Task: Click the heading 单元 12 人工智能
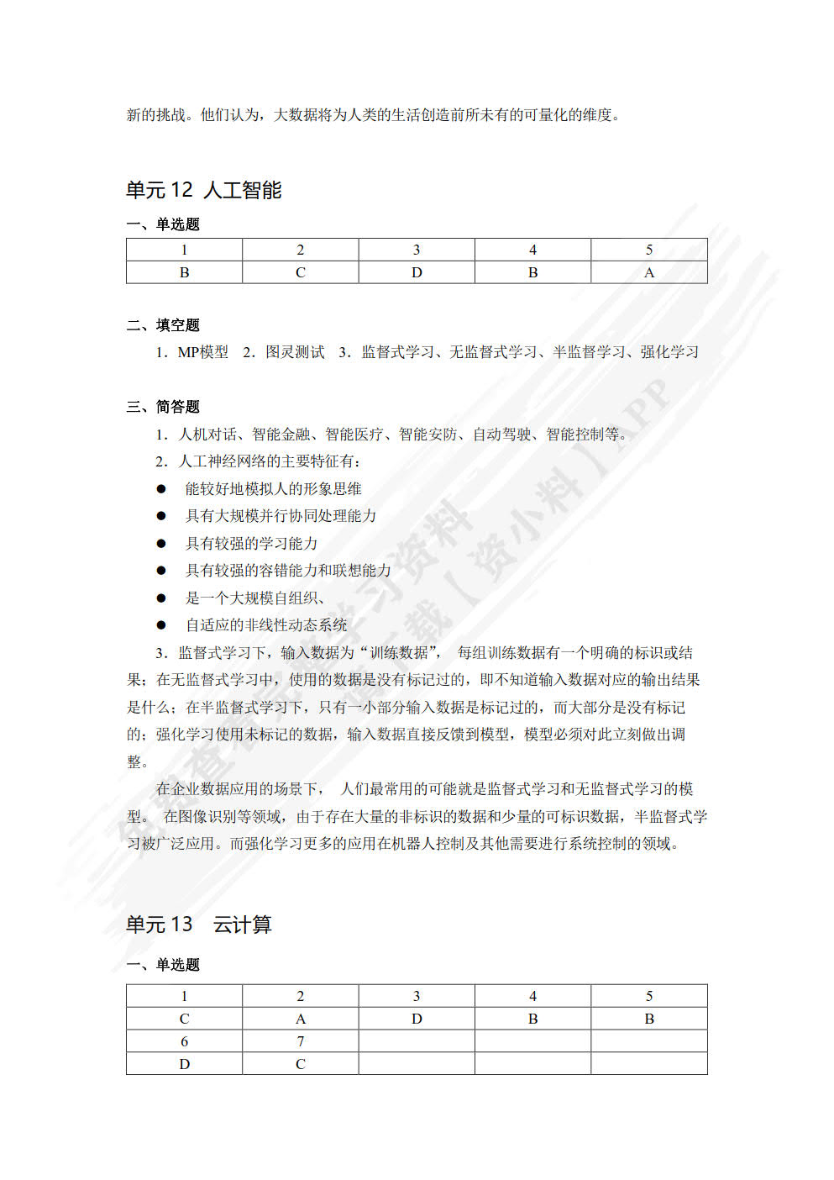(x=203, y=191)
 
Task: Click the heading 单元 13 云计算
(x=198, y=925)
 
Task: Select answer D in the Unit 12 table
(x=417, y=272)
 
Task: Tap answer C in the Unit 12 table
(x=300, y=272)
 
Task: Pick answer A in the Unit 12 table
(x=648, y=272)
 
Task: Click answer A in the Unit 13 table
(x=300, y=1019)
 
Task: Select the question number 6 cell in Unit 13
(x=184, y=1041)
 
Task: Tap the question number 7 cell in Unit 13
(x=300, y=1041)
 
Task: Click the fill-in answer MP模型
(x=202, y=352)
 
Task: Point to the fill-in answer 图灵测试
(x=295, y=352)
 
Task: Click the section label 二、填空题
(x=163, y=325)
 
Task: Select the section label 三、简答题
(x=163, y=407)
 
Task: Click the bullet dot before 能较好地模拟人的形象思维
(x=161, y=489)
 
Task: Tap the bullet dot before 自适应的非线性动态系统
(x=161, y=625)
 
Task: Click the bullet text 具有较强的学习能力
(x=251, y=544)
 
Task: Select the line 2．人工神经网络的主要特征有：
(x=258, y=461)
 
